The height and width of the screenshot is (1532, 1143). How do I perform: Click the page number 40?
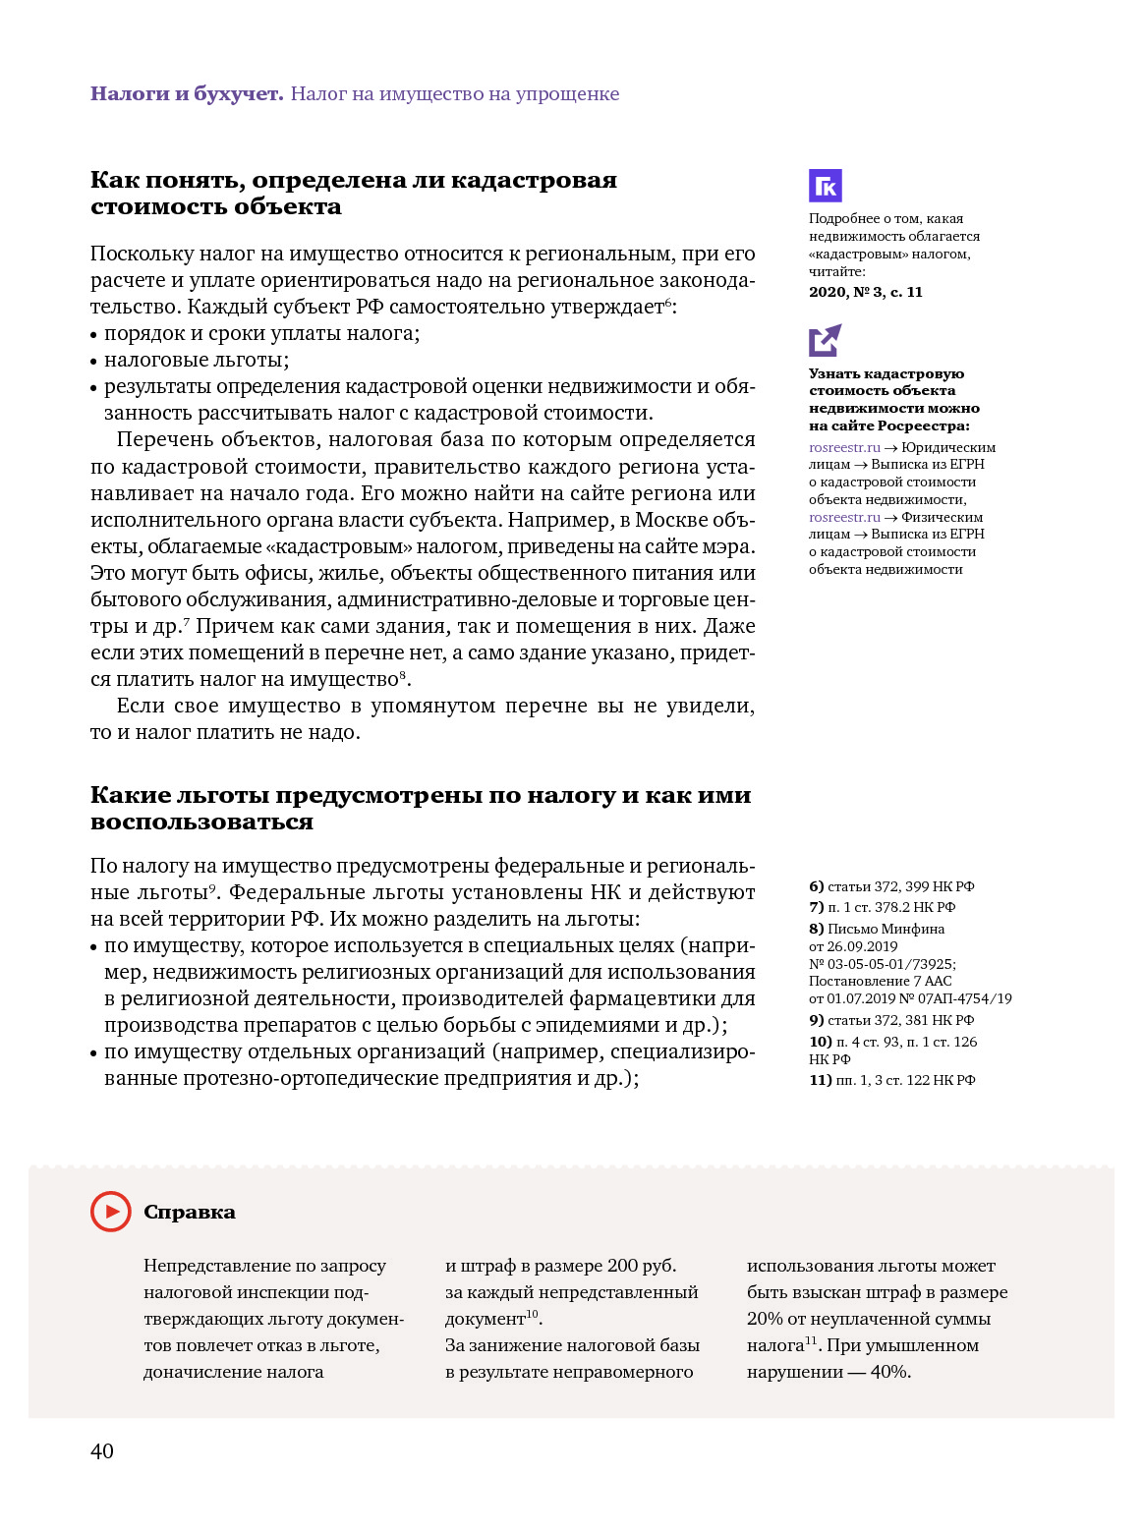(x=102, y=1451)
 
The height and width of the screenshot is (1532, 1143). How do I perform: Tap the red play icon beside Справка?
(x=110, y=1212)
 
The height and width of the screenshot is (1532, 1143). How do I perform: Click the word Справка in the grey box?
(x=190, y=1213)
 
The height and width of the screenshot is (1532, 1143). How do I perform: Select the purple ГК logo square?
(x=826, y=186)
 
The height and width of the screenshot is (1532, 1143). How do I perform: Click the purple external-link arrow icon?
(x=826, y=340)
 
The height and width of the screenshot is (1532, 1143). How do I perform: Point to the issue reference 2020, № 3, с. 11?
(x=866, y=292)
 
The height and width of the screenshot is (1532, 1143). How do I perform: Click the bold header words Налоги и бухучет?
(x=187, y=94)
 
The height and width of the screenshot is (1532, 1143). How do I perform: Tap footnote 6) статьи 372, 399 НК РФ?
(x=891, y=886)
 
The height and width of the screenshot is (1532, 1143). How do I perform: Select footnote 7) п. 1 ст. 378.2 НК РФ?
(x=882, y=907)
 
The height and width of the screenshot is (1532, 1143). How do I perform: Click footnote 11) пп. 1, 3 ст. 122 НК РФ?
(x=891, y=1080)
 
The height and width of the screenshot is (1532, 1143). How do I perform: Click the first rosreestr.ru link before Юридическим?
(x=844, y=447)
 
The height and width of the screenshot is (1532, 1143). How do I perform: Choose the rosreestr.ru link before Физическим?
(x=844, y=517)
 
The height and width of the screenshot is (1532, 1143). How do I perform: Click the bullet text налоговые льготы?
(x=197, y=360)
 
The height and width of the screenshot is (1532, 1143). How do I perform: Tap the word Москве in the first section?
(x=673, y=519)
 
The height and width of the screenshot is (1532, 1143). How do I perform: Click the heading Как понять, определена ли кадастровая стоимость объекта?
(x=354, y=193)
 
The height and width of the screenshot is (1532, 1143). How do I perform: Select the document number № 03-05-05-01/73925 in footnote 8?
(x=881, y=964)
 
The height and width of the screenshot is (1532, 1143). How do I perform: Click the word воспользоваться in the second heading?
(x=201, y=822)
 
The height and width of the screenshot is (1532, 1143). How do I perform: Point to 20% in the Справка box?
(x=765, y=1319)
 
